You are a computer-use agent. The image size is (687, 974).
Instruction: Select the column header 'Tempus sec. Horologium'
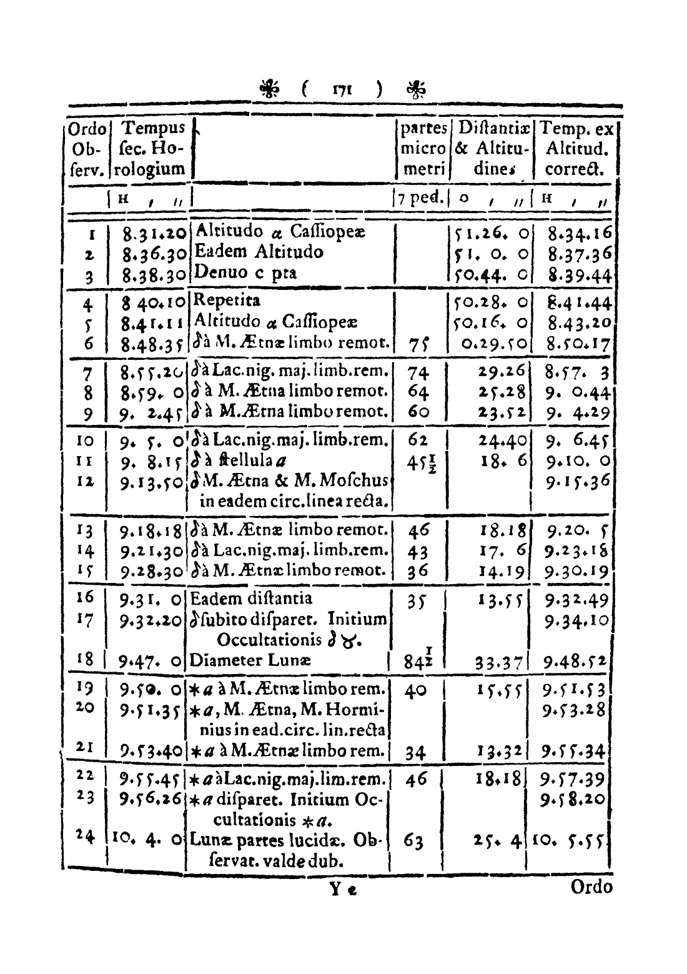(154, 149)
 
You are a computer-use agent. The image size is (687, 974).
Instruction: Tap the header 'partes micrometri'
(424, 149)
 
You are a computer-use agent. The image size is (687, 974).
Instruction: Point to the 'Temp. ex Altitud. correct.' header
(576, 149)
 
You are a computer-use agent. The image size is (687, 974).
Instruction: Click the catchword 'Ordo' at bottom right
(591, 887)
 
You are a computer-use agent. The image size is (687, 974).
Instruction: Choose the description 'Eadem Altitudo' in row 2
(260, 252)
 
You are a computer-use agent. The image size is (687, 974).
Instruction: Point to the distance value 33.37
(500, 662)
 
